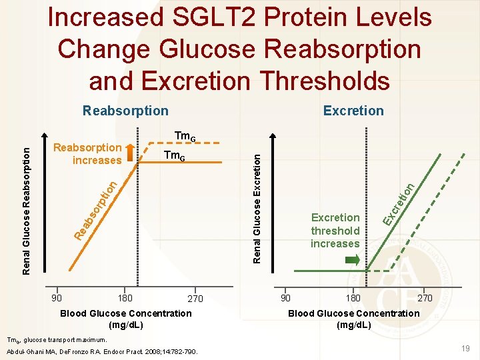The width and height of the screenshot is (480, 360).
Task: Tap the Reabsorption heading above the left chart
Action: [x=125, y=111]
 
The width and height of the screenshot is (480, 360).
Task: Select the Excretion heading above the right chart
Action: [x=353, y=111]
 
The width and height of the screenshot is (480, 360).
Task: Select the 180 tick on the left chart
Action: [x=125, y=298]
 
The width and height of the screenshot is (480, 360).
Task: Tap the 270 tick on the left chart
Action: [x=195, y=299]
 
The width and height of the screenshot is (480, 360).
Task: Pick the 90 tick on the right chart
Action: [x=285, y=298]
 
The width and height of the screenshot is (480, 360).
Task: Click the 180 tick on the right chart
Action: [x=353, y=298]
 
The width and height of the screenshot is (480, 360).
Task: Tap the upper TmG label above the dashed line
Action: [x=185, y=137]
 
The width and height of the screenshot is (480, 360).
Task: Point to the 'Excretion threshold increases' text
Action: [x=335, y=231]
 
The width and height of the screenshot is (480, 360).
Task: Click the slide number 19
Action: [x=465, y=348]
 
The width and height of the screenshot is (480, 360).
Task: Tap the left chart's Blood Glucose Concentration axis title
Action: [x=125, y=319]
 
